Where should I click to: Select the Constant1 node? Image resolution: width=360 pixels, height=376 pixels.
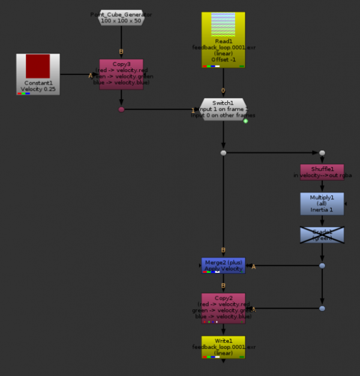38,74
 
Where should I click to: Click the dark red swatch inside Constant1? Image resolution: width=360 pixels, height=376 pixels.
38,66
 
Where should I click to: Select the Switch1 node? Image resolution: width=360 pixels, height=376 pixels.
223,109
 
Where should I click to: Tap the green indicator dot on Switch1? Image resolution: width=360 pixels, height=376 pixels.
245,121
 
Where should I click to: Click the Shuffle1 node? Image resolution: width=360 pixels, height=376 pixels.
322,172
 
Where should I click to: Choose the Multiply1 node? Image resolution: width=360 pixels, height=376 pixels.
322,204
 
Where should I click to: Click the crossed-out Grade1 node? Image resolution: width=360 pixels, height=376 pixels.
322,235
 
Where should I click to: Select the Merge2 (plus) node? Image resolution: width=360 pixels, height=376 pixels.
223,265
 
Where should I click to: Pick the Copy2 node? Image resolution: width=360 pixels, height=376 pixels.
223,308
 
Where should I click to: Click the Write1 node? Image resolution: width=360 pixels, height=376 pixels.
223,347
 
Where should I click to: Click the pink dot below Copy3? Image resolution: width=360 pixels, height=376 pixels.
121,109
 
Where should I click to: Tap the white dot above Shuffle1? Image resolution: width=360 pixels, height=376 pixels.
322,153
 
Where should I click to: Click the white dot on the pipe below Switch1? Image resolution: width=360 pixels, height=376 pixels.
223,153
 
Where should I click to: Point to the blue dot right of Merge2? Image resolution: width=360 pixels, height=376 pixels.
322,265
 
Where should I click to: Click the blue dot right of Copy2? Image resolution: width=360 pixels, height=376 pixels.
322,308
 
